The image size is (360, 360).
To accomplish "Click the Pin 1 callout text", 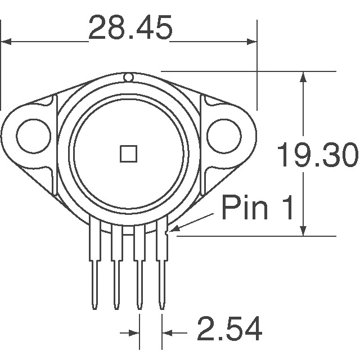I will (x=258, y=208).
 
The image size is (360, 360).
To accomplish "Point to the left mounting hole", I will (x=31, y=135).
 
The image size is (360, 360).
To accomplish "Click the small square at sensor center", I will (x=129, y=152).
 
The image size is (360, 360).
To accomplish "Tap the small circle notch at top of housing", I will (x=128, y=77).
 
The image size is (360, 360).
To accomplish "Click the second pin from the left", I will (x=117, y=264).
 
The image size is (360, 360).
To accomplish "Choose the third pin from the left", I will (x=139, y=264).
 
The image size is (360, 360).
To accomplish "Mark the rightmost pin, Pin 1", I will (x=162, y=264).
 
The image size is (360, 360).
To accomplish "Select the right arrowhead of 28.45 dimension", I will (x=251, y=41).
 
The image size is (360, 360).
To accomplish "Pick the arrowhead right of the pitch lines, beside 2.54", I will (x=168, y=333).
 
